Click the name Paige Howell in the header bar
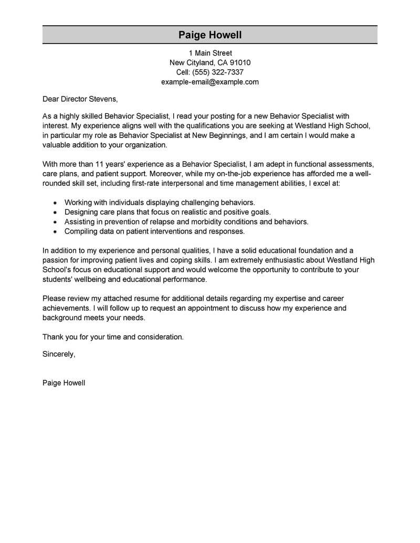[x=210, y=35]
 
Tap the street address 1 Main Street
[x=210, y=53]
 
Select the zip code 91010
[x=240, y=62]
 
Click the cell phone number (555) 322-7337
[x=218, y=72]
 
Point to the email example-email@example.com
[x=210, y=82]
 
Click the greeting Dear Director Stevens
[x=80, y=98]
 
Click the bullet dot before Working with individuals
[x=55, y=203]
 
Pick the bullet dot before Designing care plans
[x=55, y=212]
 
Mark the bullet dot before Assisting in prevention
[x=55, y=222]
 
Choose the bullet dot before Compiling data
[x=55, y=231]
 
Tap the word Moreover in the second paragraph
[x=161, y=173]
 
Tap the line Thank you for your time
[x=113, y=337]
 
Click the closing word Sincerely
[x=58, y=354]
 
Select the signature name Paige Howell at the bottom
[x=64, y=383]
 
